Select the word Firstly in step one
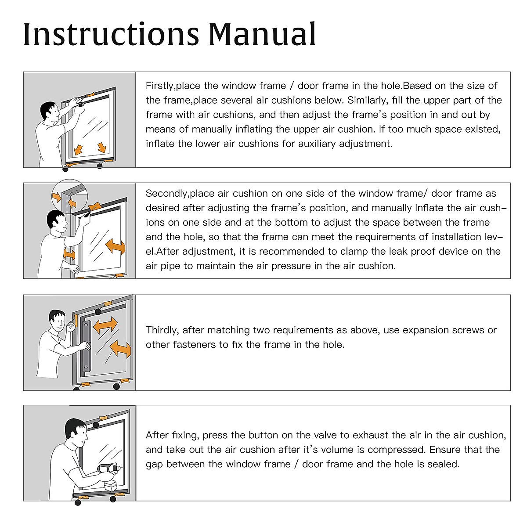pos(159,86)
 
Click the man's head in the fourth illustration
pos(75,430)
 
